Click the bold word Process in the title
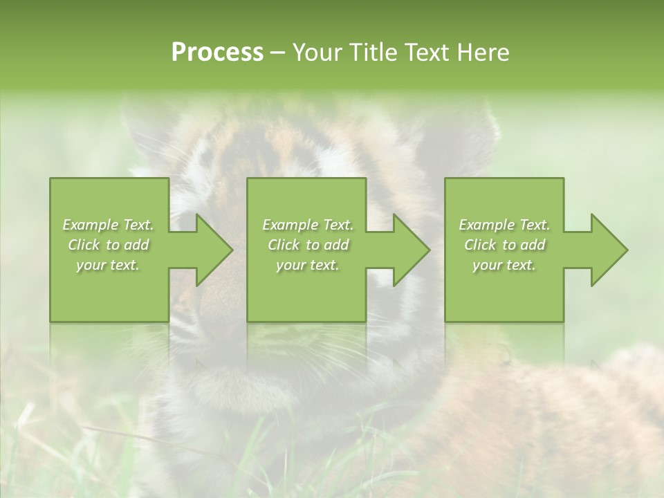[217, 53]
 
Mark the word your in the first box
[91, 265]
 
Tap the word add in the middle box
[336, 245]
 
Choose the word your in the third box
[487, 265]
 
